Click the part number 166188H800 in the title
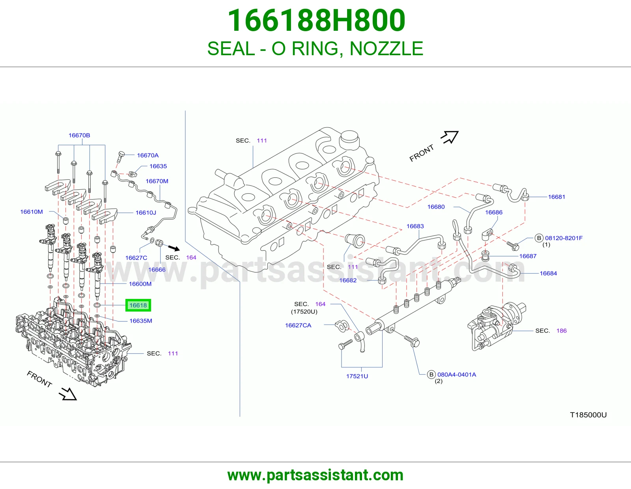316,21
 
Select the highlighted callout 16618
138,305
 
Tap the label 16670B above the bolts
79,135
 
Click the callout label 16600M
140,284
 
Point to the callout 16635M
141,321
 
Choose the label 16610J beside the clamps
146,213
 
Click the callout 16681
557,197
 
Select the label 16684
548,273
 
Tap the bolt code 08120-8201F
564,238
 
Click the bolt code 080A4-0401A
457,375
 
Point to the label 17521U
357,376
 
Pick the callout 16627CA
298,325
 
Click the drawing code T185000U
588,415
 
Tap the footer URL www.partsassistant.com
315,475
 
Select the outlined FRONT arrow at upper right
450,137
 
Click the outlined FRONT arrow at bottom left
68,394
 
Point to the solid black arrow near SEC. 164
174,248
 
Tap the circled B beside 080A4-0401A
431,375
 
